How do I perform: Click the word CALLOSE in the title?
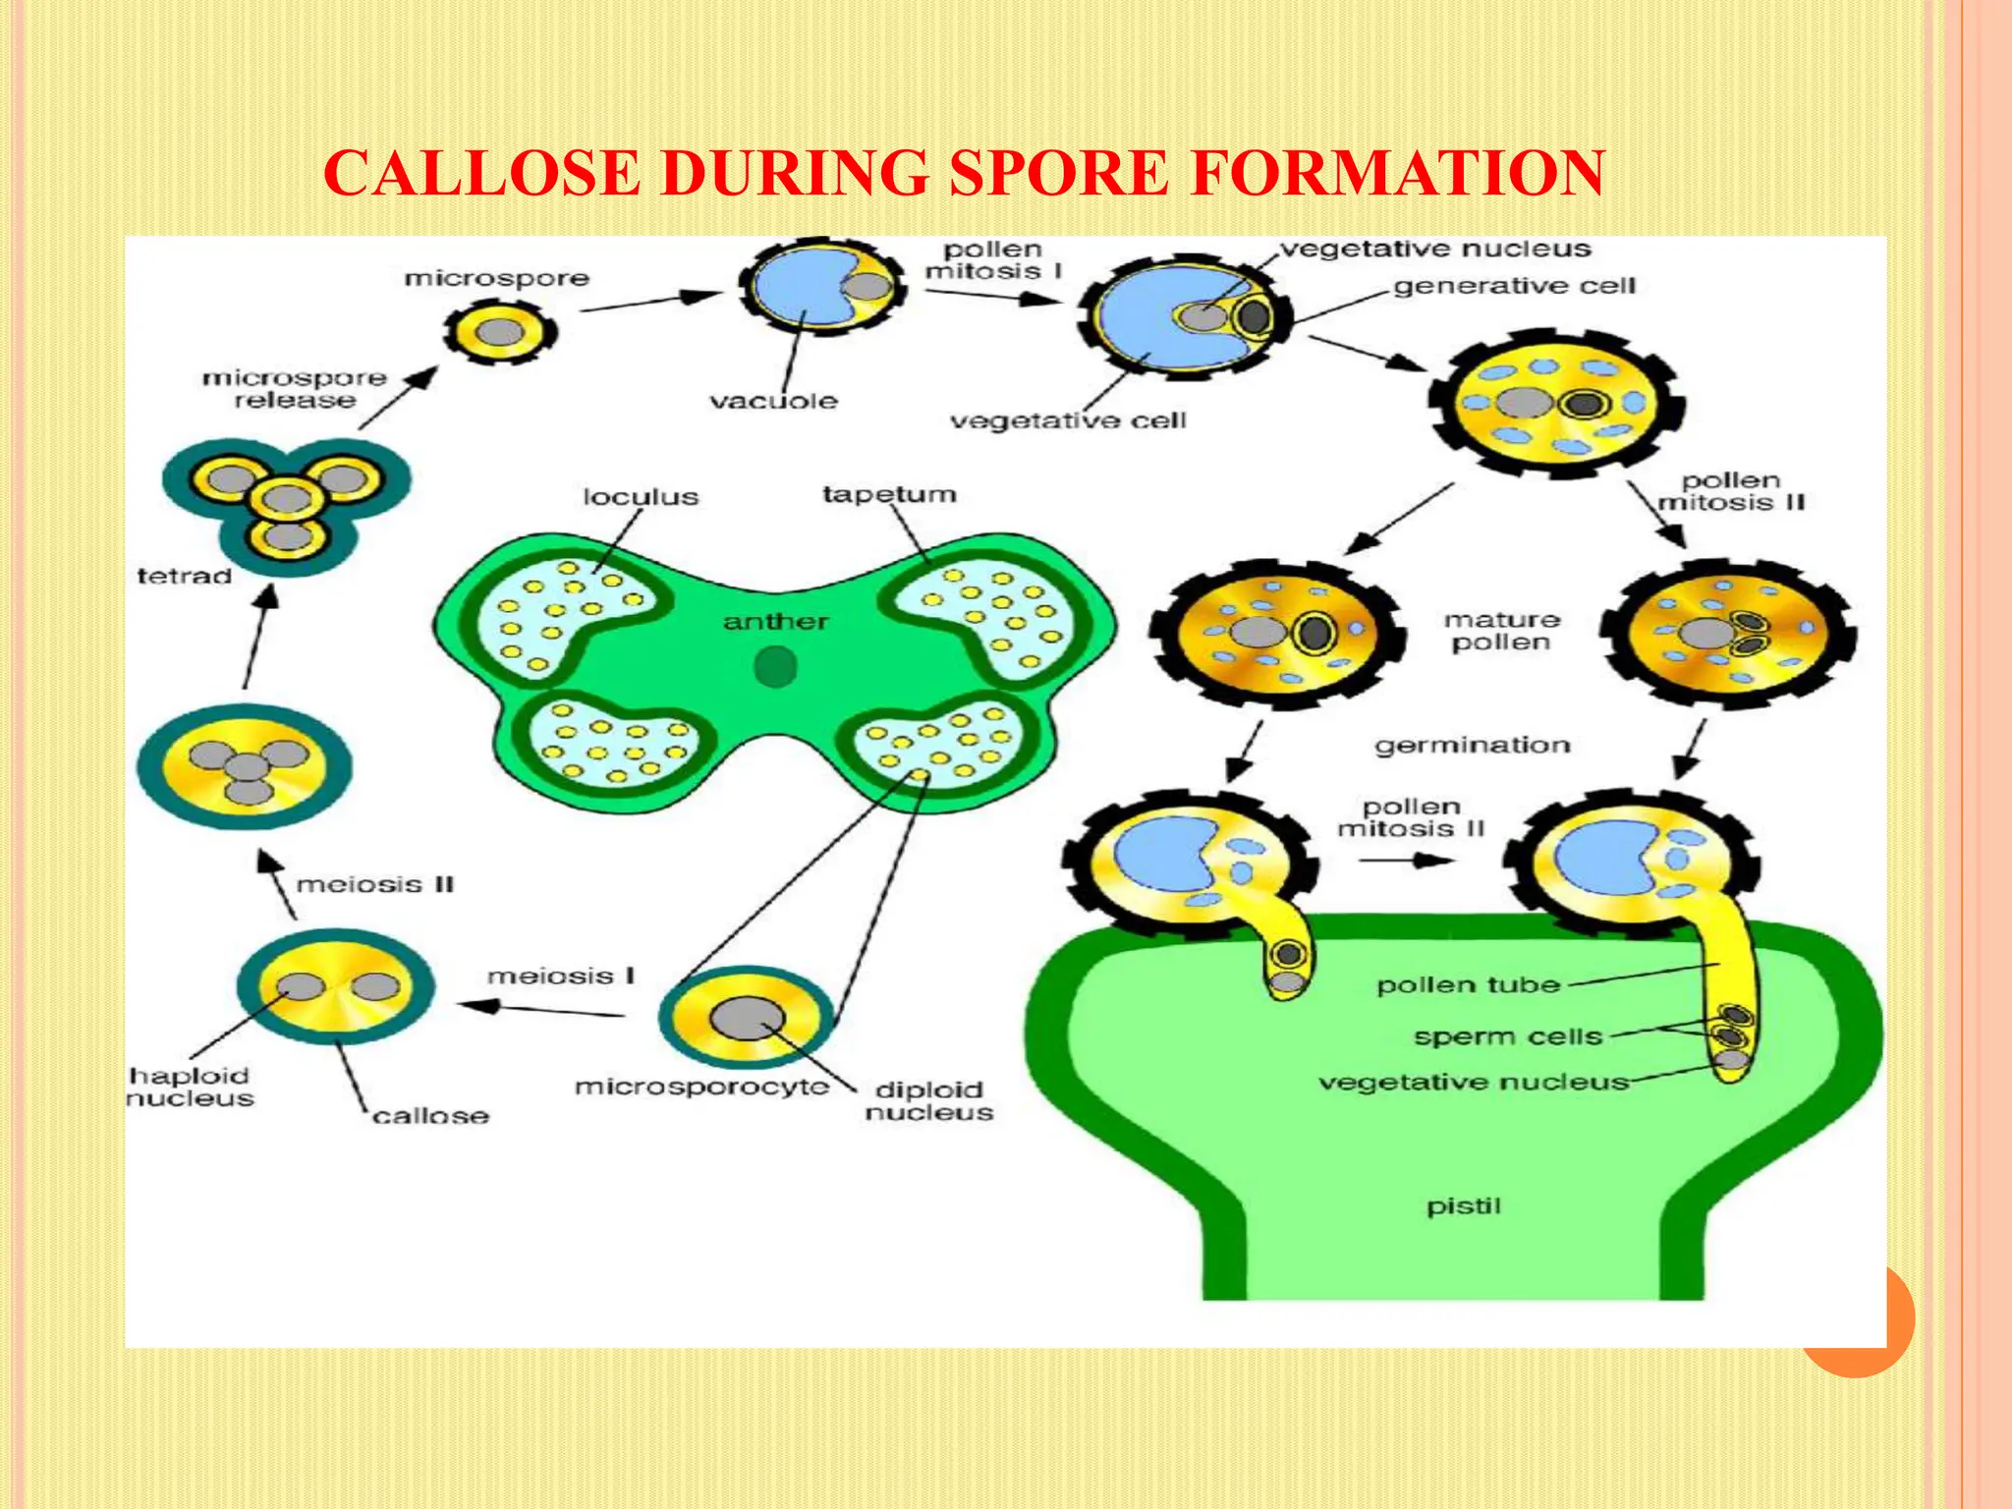click(x=481, y=174)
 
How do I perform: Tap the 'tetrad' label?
click(x=184, y=576)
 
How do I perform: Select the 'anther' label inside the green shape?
click(x=775, y=621)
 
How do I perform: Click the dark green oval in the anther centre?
click(x=775, y=668)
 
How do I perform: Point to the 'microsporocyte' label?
click(x=701, y=1087)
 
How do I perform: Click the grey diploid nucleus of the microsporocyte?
click(x=748, y=1018)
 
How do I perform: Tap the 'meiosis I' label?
click(x=561, y=976)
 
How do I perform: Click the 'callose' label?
click(x=430, y=1116)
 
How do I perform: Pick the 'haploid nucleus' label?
click(x=190, y=1087)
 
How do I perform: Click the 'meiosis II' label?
click(x=375, y=884)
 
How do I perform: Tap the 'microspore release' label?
click(x=295, y=389)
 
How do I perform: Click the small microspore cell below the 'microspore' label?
click(x=500, y=332)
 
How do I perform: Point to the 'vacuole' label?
click(x=773, y=401)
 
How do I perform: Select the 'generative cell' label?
click(x=1514, y=286)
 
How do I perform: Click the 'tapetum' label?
click(x=889, y=494)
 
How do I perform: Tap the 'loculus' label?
click(x=641, y=497)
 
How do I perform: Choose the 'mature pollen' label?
click(x=1501, y=631)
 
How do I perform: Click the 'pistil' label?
click(x=1464, y=1205)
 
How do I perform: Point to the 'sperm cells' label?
click(x=1507, y=1036)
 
